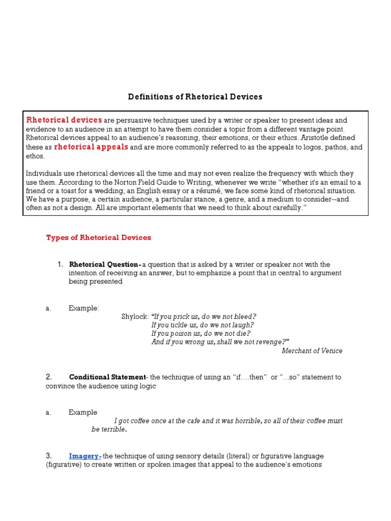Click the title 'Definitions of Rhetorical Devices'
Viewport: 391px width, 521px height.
click(x=195, y=97)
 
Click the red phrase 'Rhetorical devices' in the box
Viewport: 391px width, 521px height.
click(x=64, y=120)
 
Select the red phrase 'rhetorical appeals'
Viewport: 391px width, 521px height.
click(x=91, y=147)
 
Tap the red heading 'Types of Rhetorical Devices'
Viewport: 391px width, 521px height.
click(x=99, y=238)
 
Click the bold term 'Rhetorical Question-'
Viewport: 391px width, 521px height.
click(x=105, y=265)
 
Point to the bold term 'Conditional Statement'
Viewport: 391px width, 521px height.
click(x=107, y=377)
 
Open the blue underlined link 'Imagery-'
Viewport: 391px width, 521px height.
click(x=85, y=456)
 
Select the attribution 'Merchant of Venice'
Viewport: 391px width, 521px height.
click(x=312, y=351)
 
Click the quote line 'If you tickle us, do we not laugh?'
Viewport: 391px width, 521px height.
click(x=203, y=325)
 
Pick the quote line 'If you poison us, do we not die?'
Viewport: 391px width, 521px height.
click(x=200, y=333)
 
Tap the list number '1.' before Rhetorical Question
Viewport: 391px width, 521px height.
click(x=60, y=265)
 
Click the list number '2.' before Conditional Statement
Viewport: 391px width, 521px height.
click(x=49, y=377)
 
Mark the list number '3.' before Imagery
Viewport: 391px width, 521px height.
click(x=49, y=456)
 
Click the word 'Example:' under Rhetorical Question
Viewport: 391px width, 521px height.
click(x=84, y=308)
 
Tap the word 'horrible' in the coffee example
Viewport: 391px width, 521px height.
click(x=246, y=421)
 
